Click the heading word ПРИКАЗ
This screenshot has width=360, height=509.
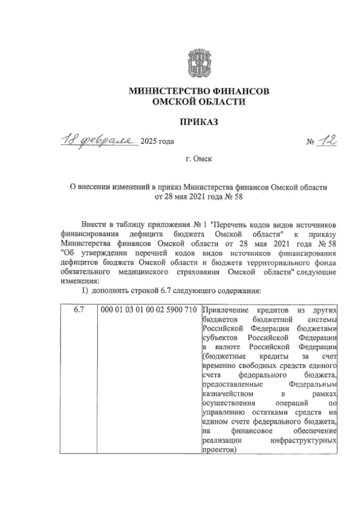pos(198,122)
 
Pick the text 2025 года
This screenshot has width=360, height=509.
pos(157,141)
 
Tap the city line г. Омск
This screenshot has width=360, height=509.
pos(198,159)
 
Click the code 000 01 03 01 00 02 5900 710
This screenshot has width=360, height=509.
pos(149,310)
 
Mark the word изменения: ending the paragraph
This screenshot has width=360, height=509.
pos(79,281)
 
